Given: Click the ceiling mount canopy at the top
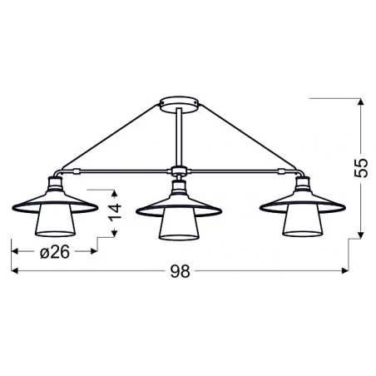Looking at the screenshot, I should tap(180, 104).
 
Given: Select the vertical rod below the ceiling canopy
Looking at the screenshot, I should tap(180, 137).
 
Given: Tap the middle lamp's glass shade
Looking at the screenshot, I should tap(180, 226).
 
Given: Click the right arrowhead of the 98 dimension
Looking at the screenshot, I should tap(344, 271).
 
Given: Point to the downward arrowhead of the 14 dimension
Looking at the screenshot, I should tap(117, 235).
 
